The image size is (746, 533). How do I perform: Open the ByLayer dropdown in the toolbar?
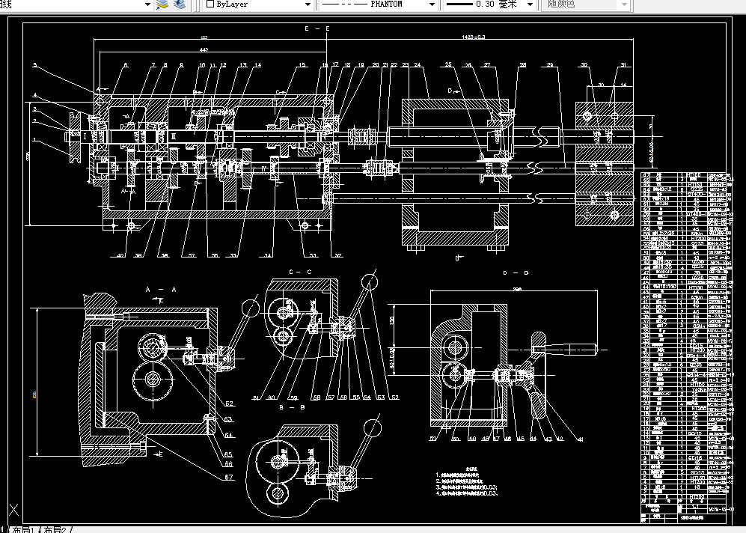click(257, 4)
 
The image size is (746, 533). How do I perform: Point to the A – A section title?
click(160, 288)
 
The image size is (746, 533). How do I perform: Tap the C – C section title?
click(300, 271)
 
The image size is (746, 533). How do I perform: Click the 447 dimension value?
click(204, 49)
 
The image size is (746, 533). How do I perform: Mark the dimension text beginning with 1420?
click(474, 37)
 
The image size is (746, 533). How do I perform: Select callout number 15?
click(302, 66)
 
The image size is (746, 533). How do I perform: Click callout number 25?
click(448, 66)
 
